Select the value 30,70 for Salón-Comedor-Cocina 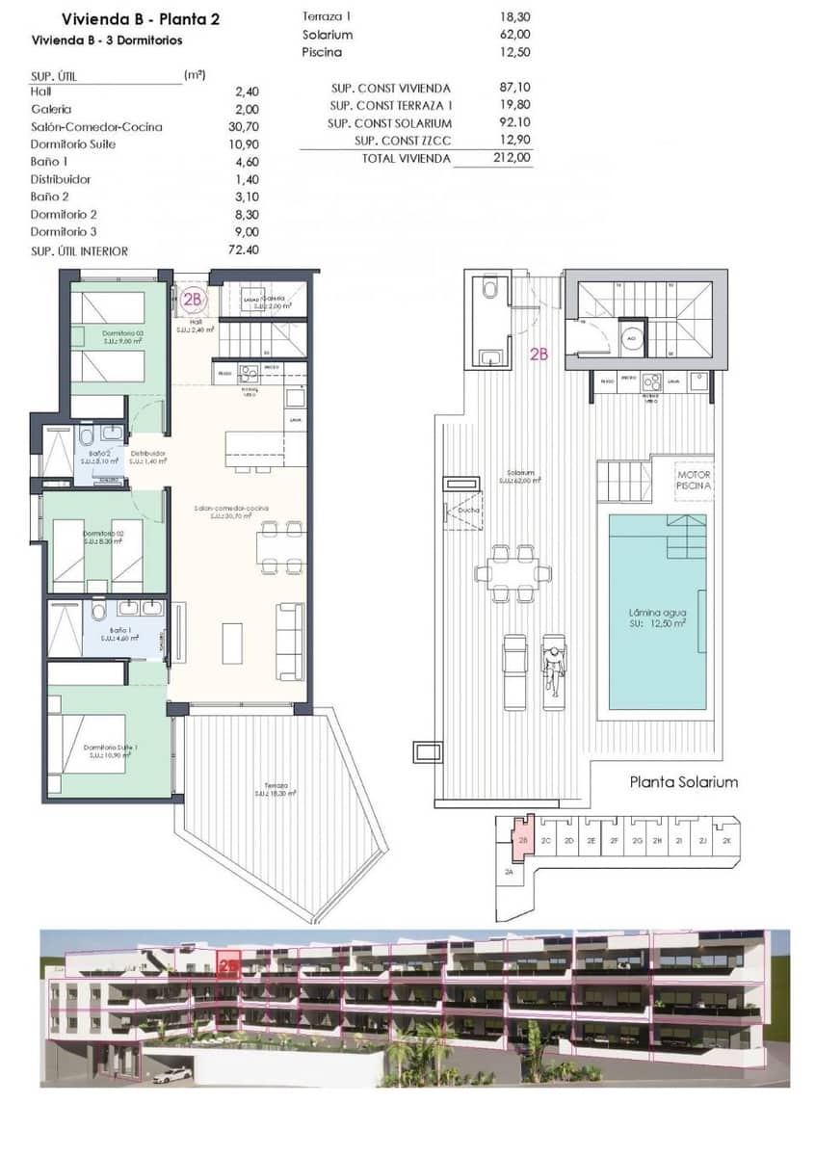tap(247, 127)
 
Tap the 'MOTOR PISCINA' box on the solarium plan tap(694, 481)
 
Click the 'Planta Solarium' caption tap(683, 781)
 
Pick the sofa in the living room tap(289, 641)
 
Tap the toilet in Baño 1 tap(97, 612)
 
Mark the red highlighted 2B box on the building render tap(229, 964)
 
